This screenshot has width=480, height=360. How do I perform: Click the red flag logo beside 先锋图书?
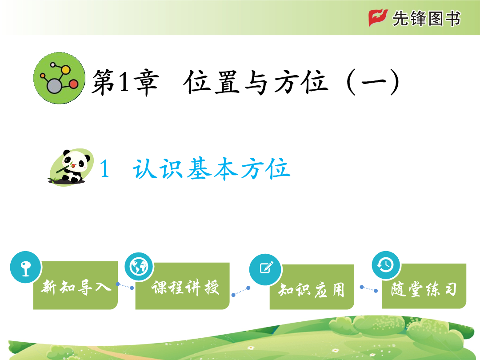pyautogui.click(x=378, y=17)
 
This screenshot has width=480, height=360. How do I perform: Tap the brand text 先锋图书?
pyautogui.click(x=426, y=18)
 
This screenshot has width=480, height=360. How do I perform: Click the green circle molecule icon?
pyautogui.click(x=60, y=78)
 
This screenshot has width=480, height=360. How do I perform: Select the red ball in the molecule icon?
pyautogui.click(x=73, y=84)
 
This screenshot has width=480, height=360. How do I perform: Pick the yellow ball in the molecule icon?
pyautogui.click(x=65, y=69)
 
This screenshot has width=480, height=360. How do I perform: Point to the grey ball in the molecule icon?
pyautogui.click(x=54, y=86)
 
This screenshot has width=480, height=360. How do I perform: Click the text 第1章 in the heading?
pyautogui.click(x=125, y=82)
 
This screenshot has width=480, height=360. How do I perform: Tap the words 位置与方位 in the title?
pyautogui.click(x=256, y=82)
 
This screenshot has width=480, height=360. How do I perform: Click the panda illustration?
pyautogui.click(x=71, y=167)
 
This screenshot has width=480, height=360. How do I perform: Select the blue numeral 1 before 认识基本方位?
pyautogui.click(x=104, y=169)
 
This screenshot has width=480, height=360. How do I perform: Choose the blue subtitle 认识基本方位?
pyautogui.click(x=211, y=169)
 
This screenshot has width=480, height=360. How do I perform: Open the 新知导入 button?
pyautogui.click(x=75, y=285)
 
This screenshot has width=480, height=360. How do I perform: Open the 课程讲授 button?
pyautogui.click(x=183, y=286)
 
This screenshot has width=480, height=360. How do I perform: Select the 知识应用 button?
pyautogui.click(x=312, y=287)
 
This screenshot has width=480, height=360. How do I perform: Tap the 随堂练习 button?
pyautogui.click(x=424, y=286)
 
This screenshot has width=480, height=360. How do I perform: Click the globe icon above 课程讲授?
pyautogui.click(x=139, y=267)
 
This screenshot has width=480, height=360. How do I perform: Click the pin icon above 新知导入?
pyautogui.click(x=26, y=267)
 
